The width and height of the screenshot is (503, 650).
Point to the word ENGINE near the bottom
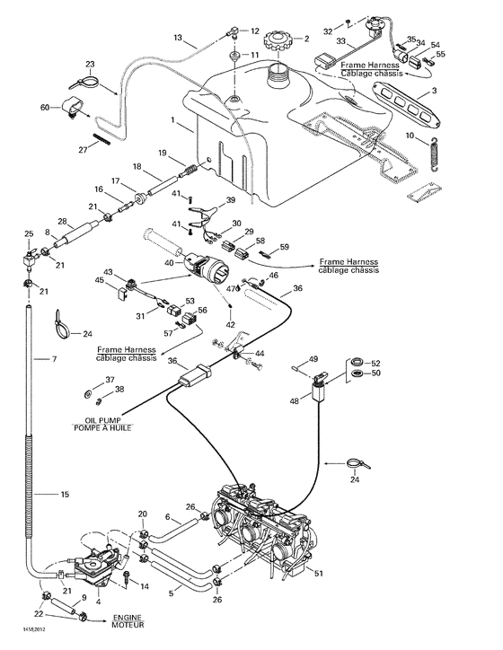click(128, 619)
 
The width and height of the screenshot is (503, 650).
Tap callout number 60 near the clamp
click(45, 108)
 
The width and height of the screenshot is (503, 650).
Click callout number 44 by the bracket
click(260, 353)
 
